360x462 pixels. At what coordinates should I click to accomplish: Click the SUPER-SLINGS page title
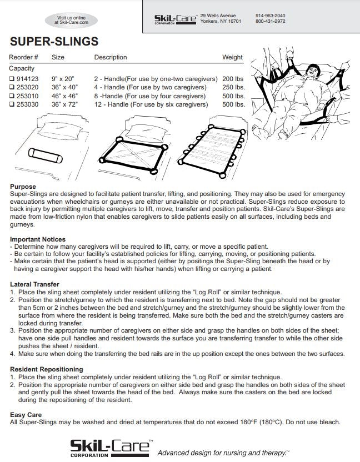(x=54, y=42)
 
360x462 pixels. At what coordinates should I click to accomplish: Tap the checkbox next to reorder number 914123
(x=12, y=79)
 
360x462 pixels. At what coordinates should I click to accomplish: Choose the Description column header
(x=111, y=57)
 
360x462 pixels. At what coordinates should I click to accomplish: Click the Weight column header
(x=232, y=57)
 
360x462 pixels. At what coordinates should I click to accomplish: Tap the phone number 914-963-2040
(x=271, y=16)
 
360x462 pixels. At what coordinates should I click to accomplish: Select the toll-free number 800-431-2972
(x=271, y=21)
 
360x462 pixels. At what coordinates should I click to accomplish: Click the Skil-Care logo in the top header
(x=175, y=19)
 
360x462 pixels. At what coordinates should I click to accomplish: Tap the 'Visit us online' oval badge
(x=72, y=21)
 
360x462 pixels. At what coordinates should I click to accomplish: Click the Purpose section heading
(x=23, y=187)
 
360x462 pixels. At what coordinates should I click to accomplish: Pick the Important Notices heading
(x=38, y=239)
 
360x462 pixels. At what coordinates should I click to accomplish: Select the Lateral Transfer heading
(x=34, y=284)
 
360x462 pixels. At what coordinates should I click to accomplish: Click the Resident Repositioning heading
(x=47, y=369)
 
